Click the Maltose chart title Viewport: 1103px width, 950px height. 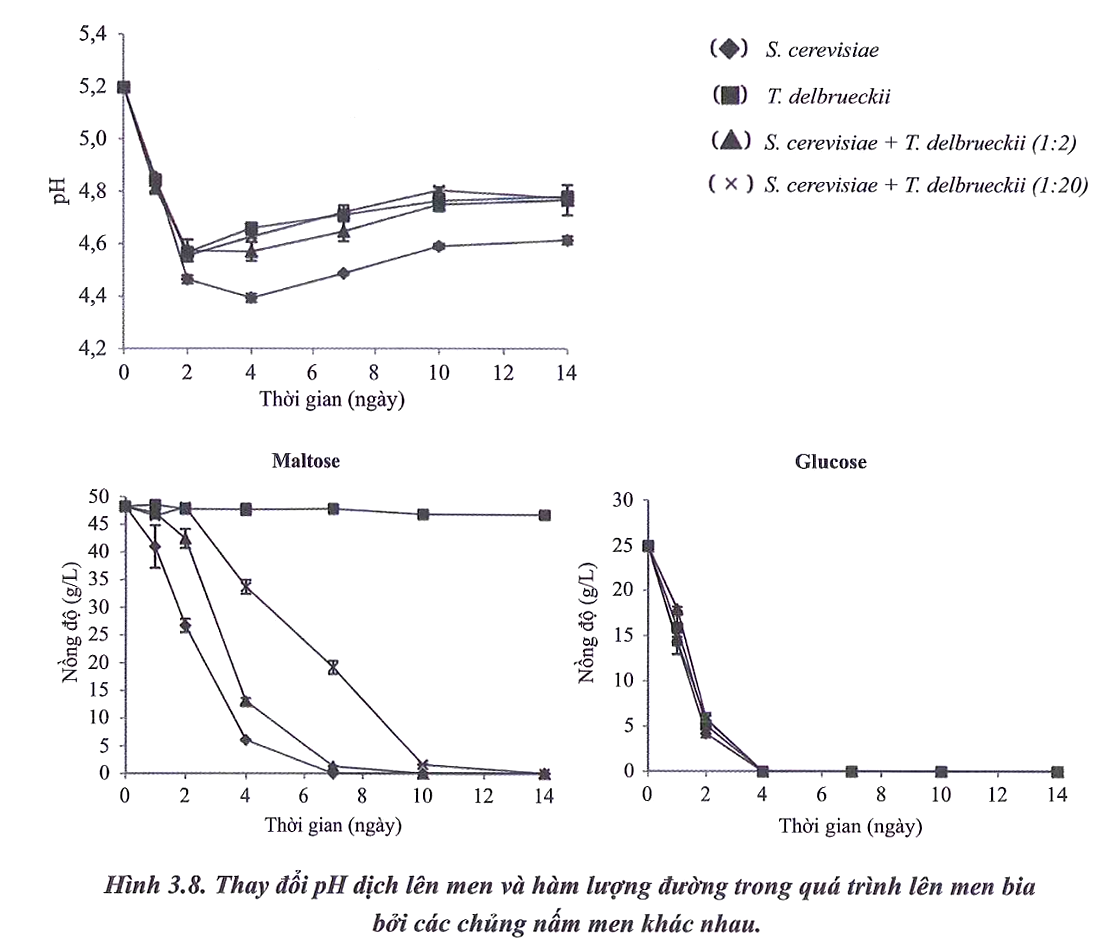(x=305, y=462)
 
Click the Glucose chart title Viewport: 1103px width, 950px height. (x=830, y=462)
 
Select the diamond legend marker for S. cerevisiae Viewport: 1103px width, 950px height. (x=730, y=49)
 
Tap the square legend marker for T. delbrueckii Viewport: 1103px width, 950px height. (x=730, y=96)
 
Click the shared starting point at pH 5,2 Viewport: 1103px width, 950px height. (x=124, y=87)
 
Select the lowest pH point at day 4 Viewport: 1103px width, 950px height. (x=251, y=298)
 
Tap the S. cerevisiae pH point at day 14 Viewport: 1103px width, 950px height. (x=567, y=240)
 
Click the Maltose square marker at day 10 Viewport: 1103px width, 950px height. (x=423, y=514)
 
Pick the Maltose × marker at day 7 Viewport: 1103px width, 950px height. (x=334, y=667)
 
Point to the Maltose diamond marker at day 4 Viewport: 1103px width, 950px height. (x=245, y=739)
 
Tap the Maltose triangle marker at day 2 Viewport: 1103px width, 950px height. (x=185, y=539)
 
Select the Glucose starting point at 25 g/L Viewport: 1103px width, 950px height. (x=648, y=546)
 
